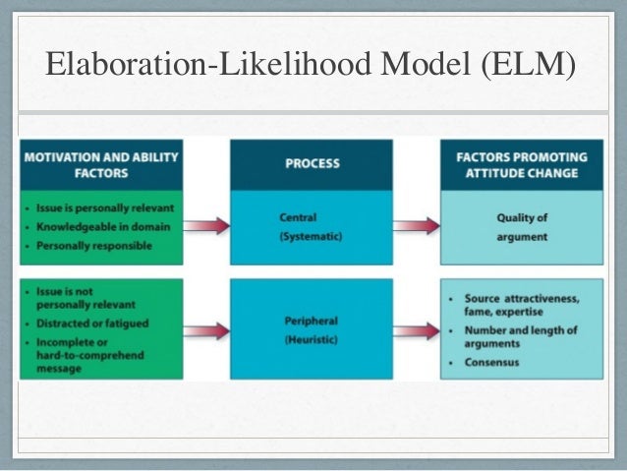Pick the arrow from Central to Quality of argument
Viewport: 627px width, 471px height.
click(416, 226)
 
